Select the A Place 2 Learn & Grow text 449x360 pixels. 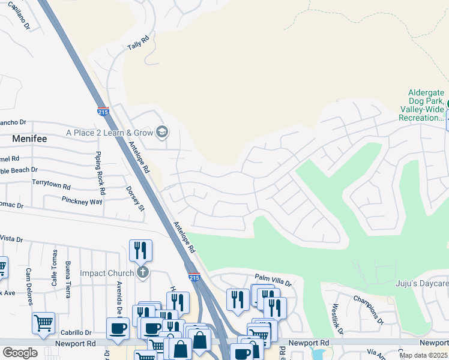109,132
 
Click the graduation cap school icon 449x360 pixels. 161,131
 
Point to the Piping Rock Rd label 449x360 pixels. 99,173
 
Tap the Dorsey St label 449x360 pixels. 136,199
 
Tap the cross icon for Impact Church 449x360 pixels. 142,273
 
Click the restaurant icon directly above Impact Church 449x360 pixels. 140,250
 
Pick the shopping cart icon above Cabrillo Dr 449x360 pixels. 43,323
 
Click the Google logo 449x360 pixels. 20,353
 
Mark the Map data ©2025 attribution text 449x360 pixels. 423,355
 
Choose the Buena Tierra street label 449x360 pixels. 68,275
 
